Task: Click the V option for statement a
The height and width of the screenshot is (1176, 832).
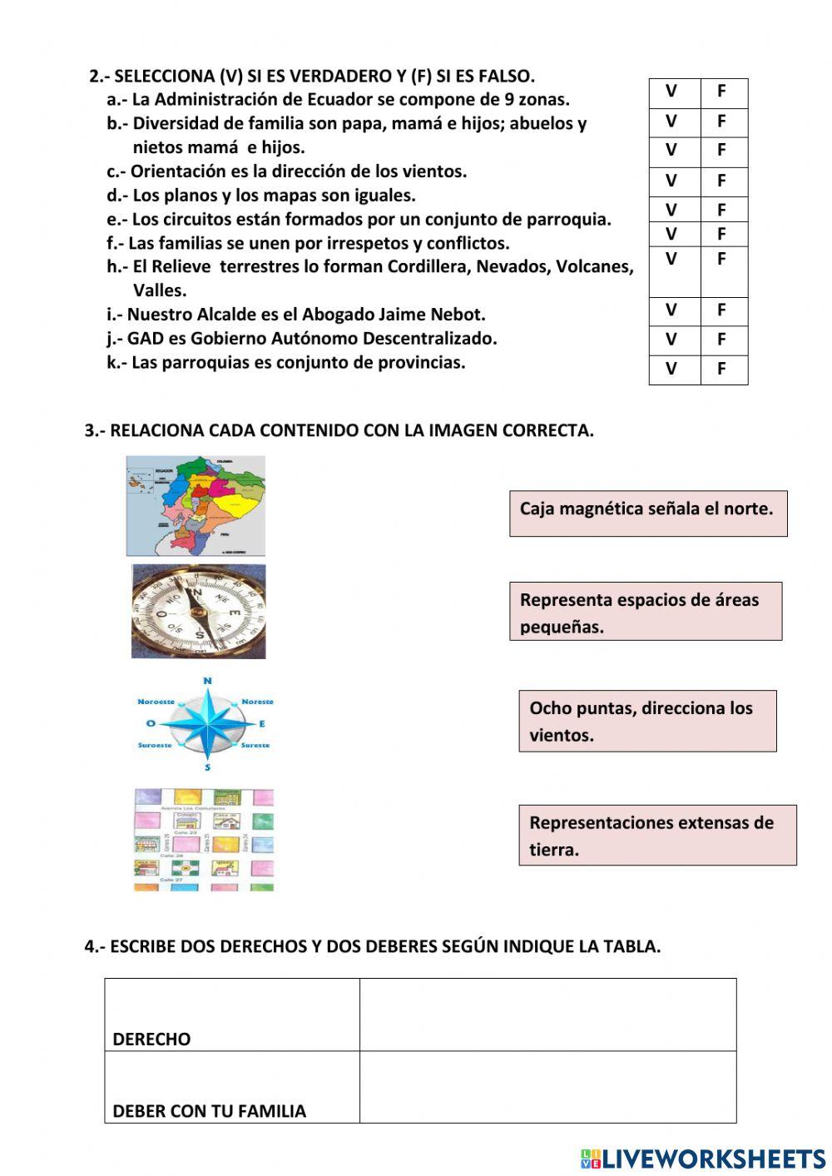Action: click(671, 92)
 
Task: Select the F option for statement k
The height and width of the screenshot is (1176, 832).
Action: click(721, 369)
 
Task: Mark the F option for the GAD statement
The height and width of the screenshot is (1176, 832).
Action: click(721, 340)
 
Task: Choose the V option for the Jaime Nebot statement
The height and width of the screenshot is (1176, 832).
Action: click(671, 310)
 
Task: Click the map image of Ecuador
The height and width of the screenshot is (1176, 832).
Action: click(196, 505)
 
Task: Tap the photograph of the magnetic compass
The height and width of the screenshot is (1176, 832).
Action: click(199, 612)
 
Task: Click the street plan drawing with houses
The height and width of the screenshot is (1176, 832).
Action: click(204, 840)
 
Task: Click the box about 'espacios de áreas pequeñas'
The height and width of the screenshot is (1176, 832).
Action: click(645, 612)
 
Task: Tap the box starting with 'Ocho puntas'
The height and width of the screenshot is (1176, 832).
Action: click(647, 721)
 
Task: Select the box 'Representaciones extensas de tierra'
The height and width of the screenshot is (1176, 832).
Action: click(657, 835)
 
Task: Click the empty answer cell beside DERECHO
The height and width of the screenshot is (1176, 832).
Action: click(547, 1015)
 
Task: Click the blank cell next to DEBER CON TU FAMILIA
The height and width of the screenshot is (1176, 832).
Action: click(547, 1087)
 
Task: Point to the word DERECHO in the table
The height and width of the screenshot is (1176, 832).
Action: click(151, 1039)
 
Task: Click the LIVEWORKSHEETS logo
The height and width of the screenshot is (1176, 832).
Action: click(703, 1159)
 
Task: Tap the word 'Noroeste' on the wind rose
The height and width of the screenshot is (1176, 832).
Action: click(156, 702)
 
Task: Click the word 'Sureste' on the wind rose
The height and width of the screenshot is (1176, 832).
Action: click(255, 745)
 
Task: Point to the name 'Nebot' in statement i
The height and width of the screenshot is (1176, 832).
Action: click(458, 315)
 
